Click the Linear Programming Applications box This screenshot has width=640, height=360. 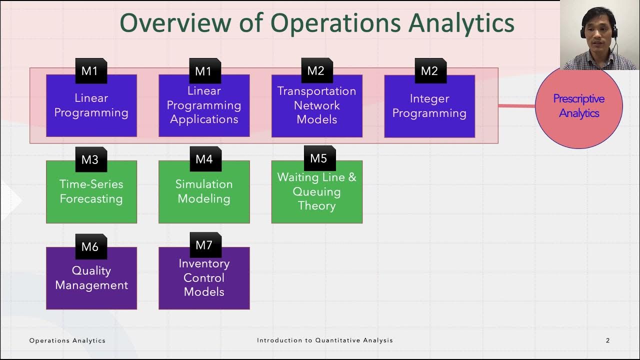[x=204, y=106]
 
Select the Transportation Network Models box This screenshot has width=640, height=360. [x=316, y=106]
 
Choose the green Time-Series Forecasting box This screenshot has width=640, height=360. [x=91, y=192]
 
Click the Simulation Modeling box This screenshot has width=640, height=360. [x=204, y=192]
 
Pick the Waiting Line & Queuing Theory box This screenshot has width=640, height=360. [x=316, y=192]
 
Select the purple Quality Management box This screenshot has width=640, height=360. [x=91, y=278]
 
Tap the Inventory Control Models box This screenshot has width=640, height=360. [x=204, y=278]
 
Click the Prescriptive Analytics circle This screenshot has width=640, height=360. [x=578, y=106]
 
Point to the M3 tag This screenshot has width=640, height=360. [x=90, y=159]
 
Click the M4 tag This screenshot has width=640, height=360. [x=204, y=159]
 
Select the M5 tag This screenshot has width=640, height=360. [x=319, y=158]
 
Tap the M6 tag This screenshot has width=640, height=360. [x=90, y=246]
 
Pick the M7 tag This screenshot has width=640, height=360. [x=204, y=245]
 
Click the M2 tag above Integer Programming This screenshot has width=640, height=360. [x=430, y=71]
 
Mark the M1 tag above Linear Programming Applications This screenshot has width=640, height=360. [x=204, y=71]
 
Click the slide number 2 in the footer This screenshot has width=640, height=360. [x=607, y=340]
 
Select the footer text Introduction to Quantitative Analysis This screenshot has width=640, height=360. [x=325, y=340]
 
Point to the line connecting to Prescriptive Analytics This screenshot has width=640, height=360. [x=516, y=105]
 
